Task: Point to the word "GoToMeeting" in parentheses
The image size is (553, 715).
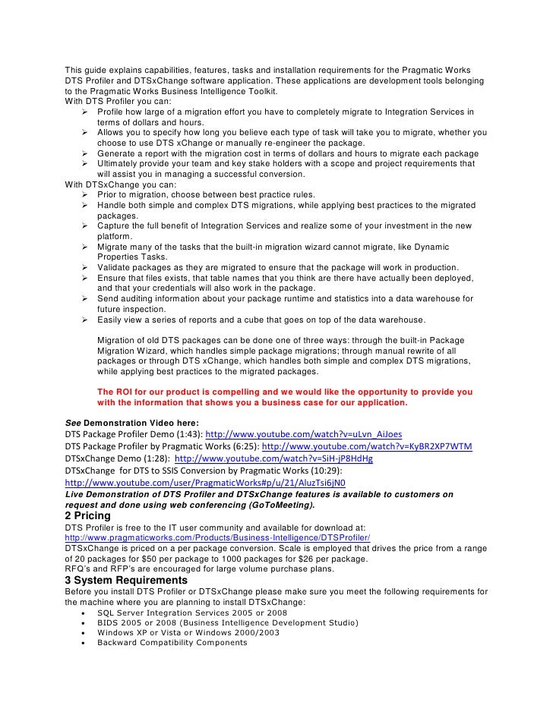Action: (x=281, y=505)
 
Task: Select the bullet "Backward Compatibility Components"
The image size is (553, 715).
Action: (x=172, y=642)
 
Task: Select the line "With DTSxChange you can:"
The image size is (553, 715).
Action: (x=120, y=184)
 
